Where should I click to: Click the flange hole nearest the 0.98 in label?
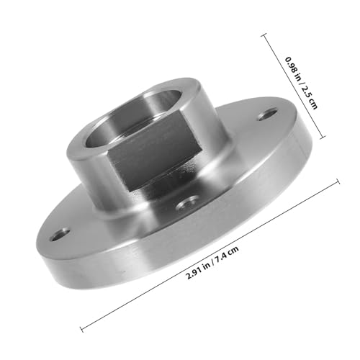coord(268,114)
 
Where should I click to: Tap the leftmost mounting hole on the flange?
coord(60,235)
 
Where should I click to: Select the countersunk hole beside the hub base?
coord(187,204)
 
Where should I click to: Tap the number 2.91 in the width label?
coord(194,274)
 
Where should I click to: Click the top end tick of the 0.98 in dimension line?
coord(264,35)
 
